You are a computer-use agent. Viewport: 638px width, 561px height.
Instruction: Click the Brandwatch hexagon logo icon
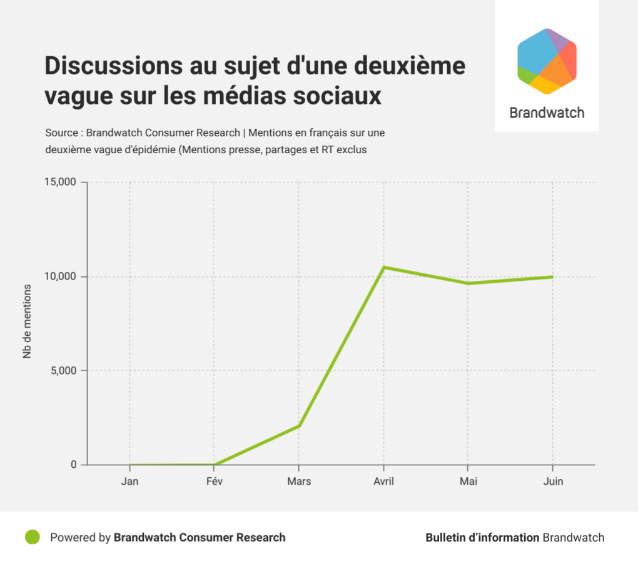547,61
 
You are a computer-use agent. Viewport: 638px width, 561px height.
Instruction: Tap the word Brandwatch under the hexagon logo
547,113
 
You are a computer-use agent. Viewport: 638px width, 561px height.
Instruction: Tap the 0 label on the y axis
73,465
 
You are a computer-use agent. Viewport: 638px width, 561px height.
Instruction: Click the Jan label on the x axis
129,482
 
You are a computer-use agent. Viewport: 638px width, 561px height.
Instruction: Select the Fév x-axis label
214,482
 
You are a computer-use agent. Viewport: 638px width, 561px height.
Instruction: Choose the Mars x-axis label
299,482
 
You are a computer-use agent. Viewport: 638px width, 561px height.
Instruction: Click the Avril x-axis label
383,482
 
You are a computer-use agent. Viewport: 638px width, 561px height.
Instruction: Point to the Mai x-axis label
468,482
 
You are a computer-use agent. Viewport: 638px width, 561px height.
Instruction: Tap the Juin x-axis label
552,482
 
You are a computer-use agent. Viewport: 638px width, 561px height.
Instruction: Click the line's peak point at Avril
383,268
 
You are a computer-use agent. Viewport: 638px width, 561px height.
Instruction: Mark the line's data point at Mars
299,426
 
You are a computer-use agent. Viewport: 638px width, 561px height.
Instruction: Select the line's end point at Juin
552,277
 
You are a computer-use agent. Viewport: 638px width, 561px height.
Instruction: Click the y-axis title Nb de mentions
27,321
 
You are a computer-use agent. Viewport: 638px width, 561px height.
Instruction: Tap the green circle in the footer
33,537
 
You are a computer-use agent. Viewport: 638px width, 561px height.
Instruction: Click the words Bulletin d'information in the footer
482,537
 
